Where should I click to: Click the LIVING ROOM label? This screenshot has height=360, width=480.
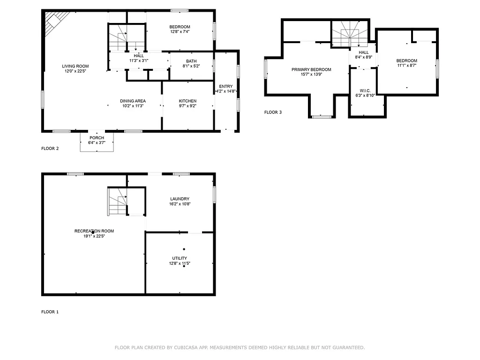[x=75, y=66]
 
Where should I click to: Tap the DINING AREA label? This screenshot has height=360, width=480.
[x=133, y=101]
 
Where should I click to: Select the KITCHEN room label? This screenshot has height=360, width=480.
[x=187, y=101]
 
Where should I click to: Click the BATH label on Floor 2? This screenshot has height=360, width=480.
[x=191, y=61]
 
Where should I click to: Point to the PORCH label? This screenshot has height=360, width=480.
[x=97, y=137]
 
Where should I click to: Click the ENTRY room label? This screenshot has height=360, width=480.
[x=225, y=86]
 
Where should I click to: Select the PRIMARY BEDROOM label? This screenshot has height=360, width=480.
[x=311, y=69]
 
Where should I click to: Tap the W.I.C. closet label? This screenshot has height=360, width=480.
[x=365, y=90]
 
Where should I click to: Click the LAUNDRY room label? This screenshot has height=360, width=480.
[x=180, y=199]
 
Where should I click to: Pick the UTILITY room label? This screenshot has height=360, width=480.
[x=180, y=258]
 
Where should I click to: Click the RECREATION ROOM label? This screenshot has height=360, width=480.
[x=94, y=231]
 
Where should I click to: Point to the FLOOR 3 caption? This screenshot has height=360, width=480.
[x=273, y=112]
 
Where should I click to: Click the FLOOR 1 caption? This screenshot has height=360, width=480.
[x=50, y=312]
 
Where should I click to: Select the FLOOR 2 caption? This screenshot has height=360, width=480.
[x=50, y=149]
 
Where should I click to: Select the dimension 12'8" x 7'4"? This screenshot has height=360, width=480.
[x=180, y=32]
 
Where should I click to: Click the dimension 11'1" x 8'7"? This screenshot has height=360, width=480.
[x=406, y=66]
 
